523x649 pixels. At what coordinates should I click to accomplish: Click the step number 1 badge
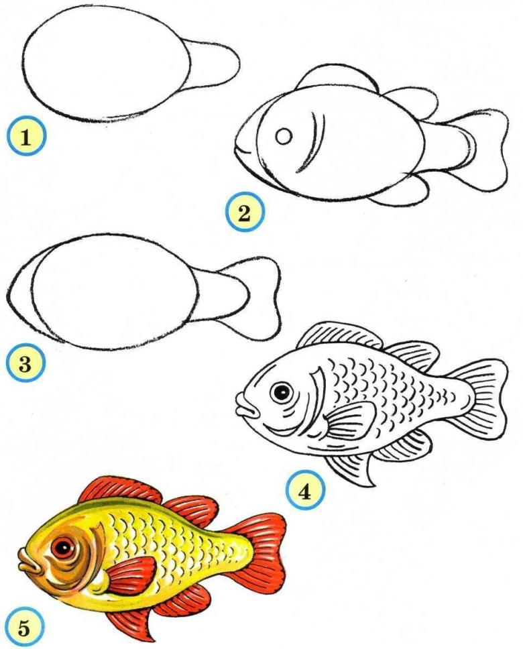click(x=26, y=137)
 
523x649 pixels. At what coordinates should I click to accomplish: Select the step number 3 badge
click(x=25, y=364)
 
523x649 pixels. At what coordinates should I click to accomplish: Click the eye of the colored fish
click(x=62, y=549)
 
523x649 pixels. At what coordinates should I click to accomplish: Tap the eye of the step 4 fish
click(x=282, y=392)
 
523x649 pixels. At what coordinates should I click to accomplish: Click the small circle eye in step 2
click(x=284, y=136)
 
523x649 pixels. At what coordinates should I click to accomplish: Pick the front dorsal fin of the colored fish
click(x=118, y=493)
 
